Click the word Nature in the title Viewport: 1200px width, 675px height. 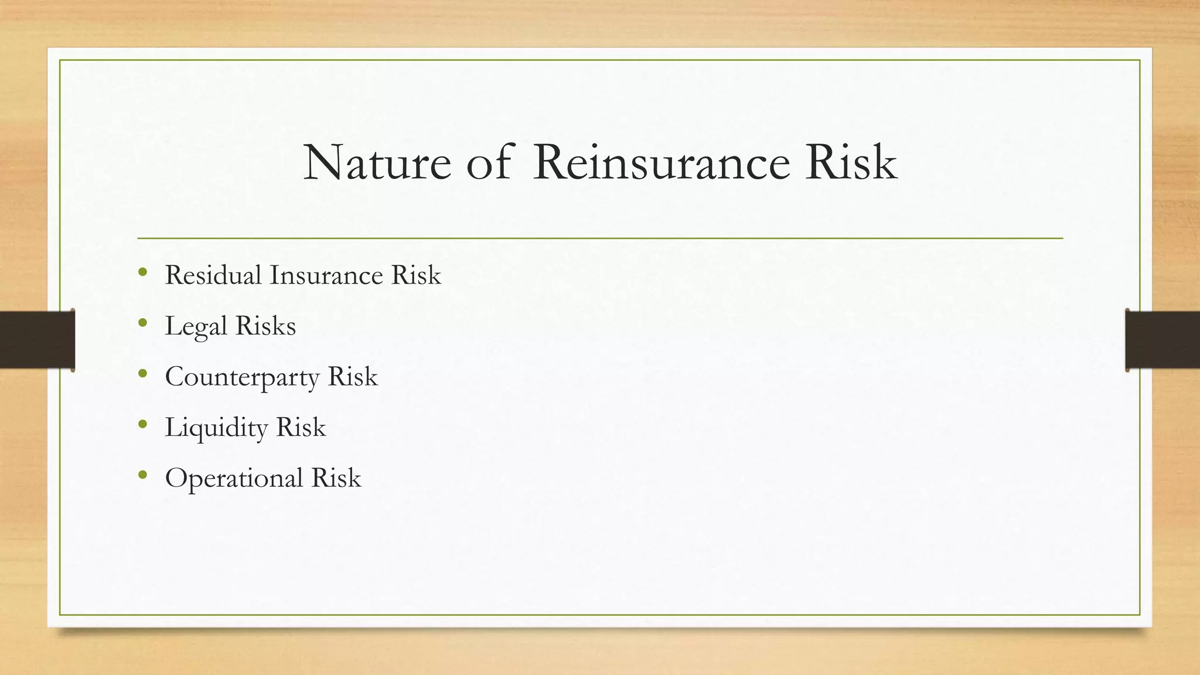pyautogui.click(x=377, y=163)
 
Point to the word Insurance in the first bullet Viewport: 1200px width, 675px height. pyautogui.click(x=326, y=275)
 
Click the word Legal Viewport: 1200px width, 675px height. pyautogui.click(x=196, y=326)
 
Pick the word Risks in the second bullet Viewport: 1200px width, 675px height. pyautogui.click(x=265, y=326)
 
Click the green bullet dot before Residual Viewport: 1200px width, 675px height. pyautogui.click(x=143, y=272)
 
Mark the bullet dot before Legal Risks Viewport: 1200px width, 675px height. pyautogui.click(x=143, y=322)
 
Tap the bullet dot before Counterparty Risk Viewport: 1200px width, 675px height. pyautogui.click(x=143, y=373)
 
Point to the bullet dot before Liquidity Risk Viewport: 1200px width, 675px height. pyautogui.click(x=143, y=424)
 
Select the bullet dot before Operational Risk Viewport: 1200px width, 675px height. pyautogui.click(x=143, y=475)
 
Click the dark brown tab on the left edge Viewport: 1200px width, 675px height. pyautogui.click(x=37, y=340)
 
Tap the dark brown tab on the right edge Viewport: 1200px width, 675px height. pyautogui.click(x=1162, y=340)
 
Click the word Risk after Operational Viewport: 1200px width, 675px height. pyautogui.click(x=336, y=478)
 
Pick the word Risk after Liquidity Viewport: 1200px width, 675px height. pyautogui.click(x=301, y=427)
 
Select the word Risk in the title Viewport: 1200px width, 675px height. pyautogui.click(x=851, y=163)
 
